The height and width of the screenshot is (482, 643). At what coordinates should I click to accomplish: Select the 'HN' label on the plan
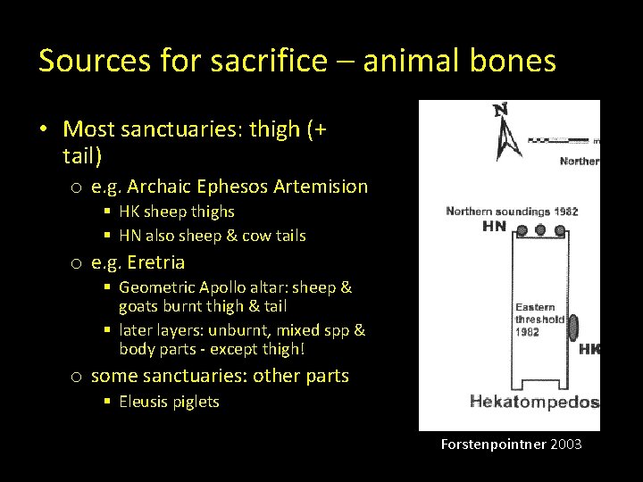(x=494, y=227)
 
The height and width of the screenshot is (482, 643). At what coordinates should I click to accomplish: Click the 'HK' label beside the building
(x=589, y=349)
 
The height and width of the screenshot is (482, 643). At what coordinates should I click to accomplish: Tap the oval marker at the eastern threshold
(x=572, y=328)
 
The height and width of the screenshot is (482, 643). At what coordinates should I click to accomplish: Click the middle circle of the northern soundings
(x=541, y=229)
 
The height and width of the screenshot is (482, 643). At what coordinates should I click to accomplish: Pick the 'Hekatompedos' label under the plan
(x=533, y=402)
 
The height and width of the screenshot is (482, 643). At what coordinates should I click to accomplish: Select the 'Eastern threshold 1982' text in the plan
(x=539, y=319)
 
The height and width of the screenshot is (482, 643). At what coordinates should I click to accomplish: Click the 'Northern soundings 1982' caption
(x=512, y=212)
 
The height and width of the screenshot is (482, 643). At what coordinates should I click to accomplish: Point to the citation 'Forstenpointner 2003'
(x=511, y=444)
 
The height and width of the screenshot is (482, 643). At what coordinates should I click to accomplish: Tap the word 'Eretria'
(x=155, y=262)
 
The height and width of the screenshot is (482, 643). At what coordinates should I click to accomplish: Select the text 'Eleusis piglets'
(x=169, y=402)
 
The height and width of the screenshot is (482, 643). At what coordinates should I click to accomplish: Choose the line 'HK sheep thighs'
(x=176, y=212)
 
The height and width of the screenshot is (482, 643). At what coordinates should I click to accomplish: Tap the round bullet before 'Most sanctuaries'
(x=44, y=130)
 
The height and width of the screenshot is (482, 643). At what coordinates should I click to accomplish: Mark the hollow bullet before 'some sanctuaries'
(x=78, y=377)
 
